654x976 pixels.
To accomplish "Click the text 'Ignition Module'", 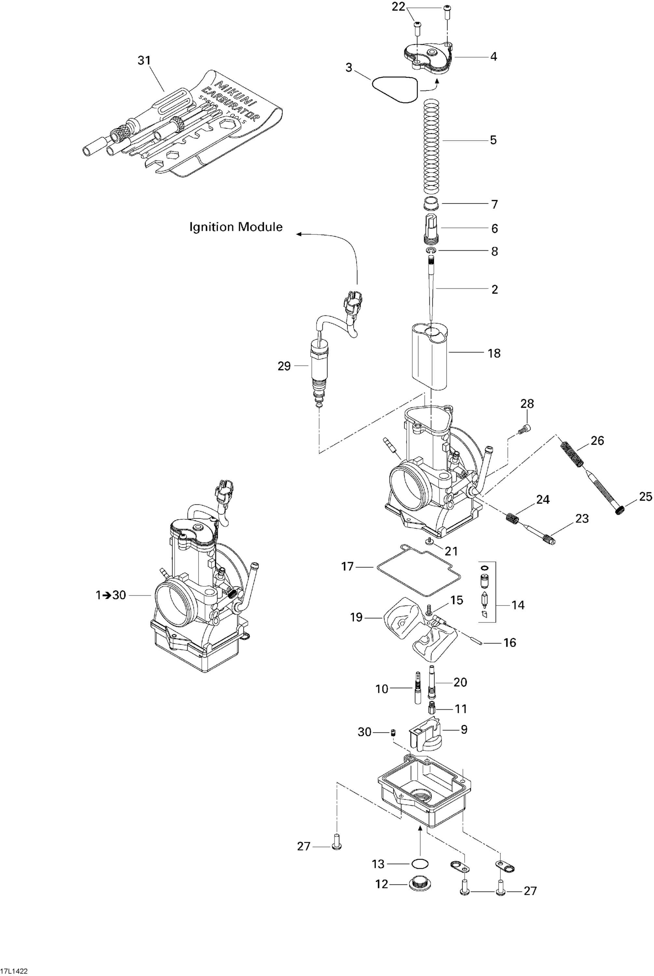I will pyautogui.click(x=236, y=227).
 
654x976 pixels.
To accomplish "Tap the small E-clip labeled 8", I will pyautogui.click(x=431, y=250).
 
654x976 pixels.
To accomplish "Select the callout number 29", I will pyautogui.click(x=284, y=366).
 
